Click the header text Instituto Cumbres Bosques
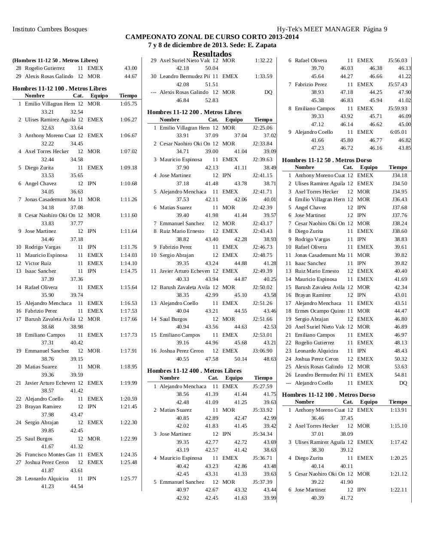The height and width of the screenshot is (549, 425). (x=50, y=29)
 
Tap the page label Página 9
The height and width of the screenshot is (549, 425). (x=375, y=29)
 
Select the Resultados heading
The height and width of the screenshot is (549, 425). (x=212, y=54)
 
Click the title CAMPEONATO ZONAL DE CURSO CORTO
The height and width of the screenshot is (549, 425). (x=212, y=37)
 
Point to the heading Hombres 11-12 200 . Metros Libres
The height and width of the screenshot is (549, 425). (x=194, y=112)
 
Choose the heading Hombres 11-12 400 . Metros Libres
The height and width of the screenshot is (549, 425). (x=194, y=371)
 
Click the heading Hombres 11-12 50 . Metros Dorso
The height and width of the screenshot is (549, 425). (x=327, y=160)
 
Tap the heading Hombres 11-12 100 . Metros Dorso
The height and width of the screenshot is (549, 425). (x=328, y=395)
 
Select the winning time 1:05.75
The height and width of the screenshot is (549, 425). (x=128, y=104)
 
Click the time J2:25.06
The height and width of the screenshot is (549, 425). (x=262, y=128)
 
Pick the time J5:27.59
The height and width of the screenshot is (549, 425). (x=262, y=386)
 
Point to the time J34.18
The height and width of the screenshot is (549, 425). (x=399, y=175)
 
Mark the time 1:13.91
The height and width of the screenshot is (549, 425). (x=398, y=410)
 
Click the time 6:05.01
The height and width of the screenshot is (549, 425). (x=398, y=132)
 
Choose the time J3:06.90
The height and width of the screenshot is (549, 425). (x=262, y=351)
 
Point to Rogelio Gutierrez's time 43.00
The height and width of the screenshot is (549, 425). (x=131, y=68)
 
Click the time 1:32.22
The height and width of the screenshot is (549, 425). (x=263, y=60)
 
